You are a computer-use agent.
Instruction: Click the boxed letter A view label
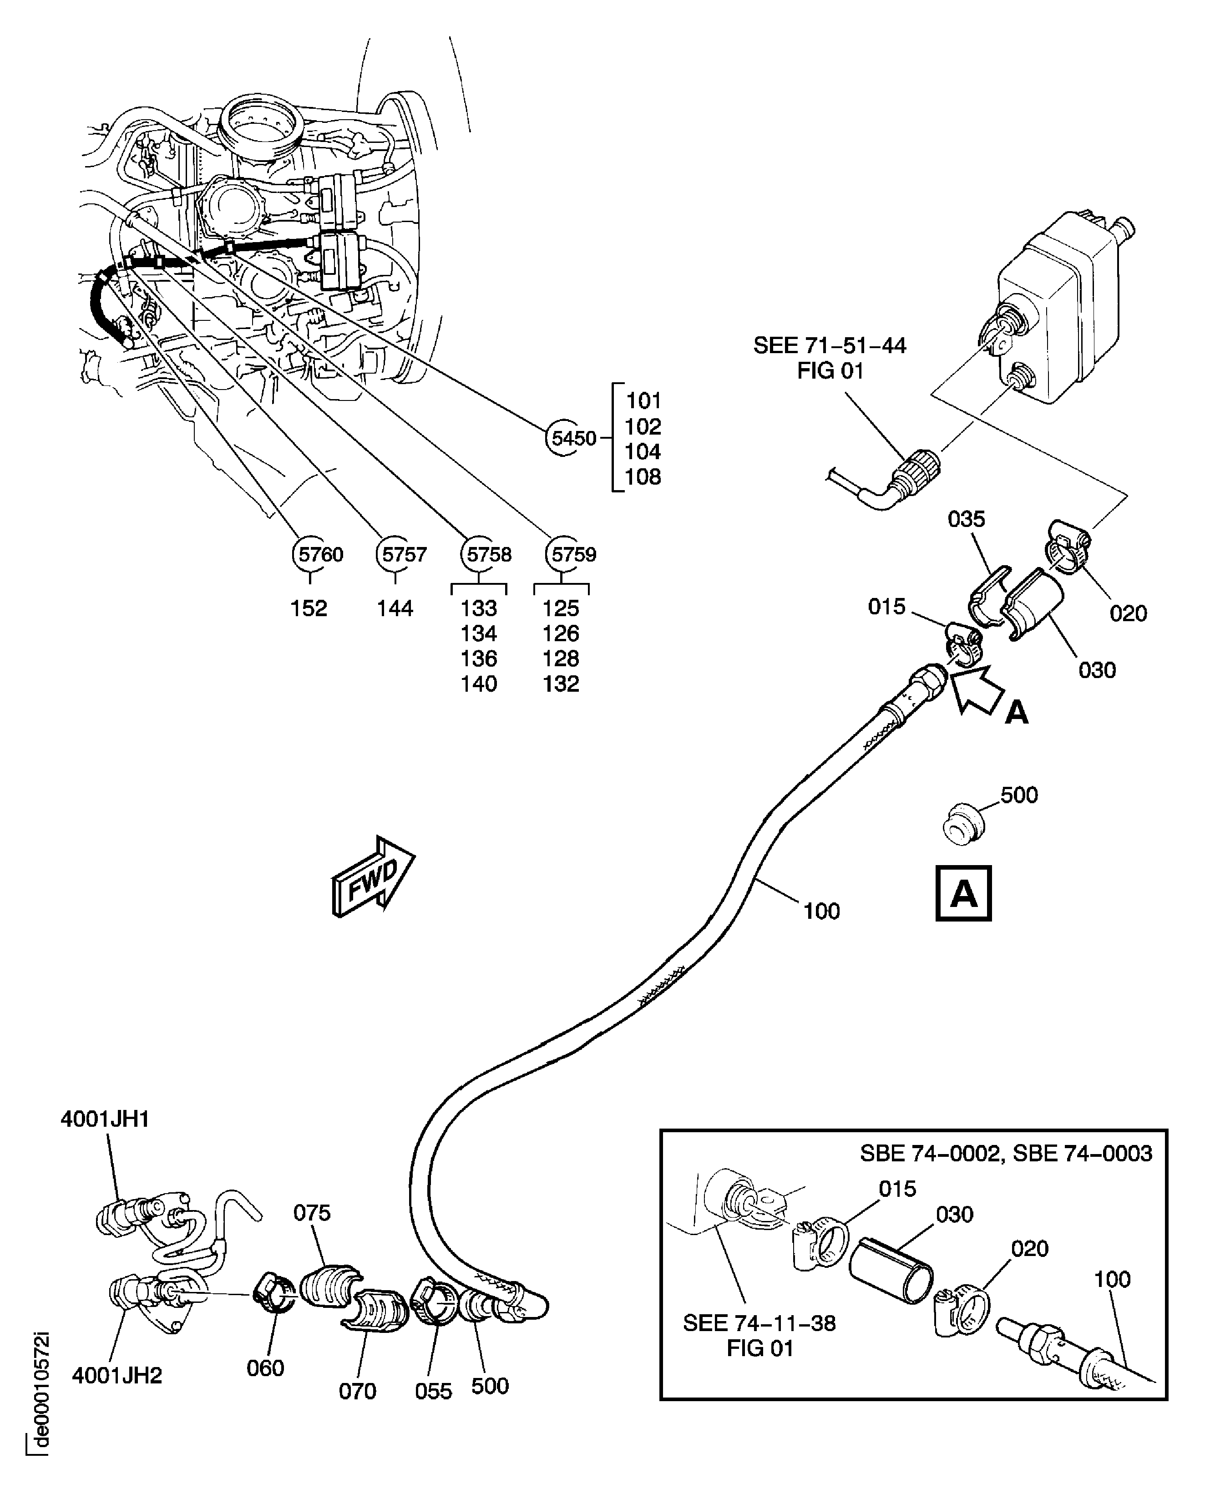pos(963,894)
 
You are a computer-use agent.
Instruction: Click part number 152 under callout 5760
pos(309,608)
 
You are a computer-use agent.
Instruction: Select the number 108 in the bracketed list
pos(643,477)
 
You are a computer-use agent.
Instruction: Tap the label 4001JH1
pos(105,1119)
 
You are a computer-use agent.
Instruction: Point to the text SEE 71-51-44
pos(830,346)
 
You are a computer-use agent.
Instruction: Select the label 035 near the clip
pos(966,519)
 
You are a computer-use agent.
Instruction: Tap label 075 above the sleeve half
pos(312,1213)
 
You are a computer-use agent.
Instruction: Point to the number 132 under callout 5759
pos(561,684)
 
